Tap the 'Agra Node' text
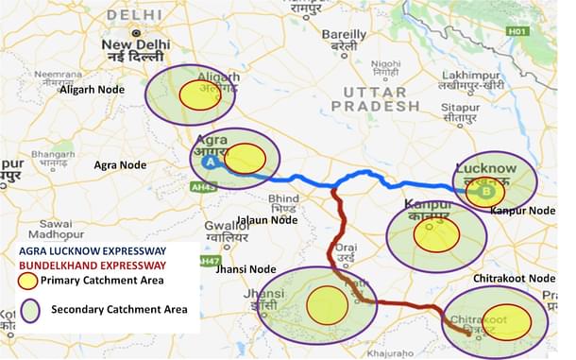(120, 164)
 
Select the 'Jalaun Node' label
(267, 220)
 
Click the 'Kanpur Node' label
(522, 210)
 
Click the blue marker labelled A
(211, 162)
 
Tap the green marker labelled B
(486, 192)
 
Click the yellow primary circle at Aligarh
(200, 94)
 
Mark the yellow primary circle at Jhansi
(328, 303)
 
